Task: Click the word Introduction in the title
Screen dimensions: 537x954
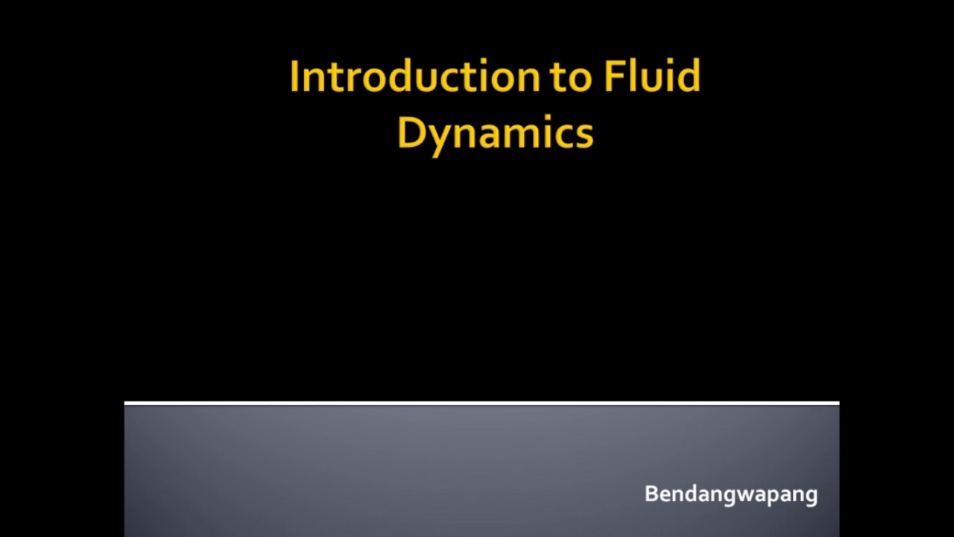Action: pos(412,77)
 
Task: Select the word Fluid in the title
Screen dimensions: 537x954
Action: pos(652,77)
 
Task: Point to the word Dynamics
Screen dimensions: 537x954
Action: pos(495,134)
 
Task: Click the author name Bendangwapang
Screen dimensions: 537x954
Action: pos(730,494)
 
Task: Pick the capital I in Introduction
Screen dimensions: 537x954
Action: pos(294,77)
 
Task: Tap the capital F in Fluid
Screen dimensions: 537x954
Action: pos(613,77)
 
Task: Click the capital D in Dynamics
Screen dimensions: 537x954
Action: pos(411,134)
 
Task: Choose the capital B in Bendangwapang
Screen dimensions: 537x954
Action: pos(651,494)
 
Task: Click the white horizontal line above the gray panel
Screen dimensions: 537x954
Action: pos(481,403)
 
